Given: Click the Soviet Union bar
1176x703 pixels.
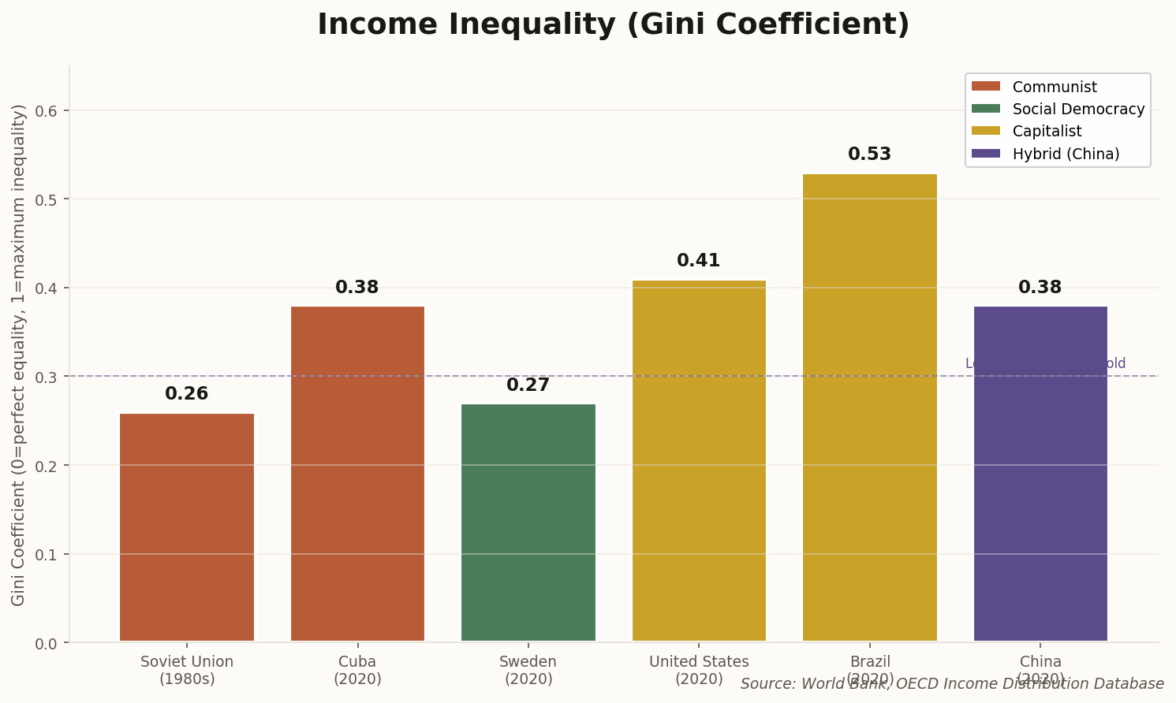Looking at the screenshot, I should (187, 527).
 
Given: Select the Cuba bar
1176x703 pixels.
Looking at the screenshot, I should (357, 474).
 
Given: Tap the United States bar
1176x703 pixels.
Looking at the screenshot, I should (699, 460).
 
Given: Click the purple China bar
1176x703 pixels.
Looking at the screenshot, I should (1040, 474).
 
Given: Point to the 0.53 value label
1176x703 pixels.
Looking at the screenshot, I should (870, 154).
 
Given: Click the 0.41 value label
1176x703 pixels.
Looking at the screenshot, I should (699, 261).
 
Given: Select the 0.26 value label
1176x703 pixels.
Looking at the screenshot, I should (187, 394).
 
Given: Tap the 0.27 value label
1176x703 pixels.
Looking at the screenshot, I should (528, 385).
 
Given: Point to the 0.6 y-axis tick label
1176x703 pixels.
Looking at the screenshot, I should (48, 111).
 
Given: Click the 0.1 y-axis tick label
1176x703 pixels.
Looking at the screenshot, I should (48, 555).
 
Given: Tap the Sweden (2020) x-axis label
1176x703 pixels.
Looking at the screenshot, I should (528, 670).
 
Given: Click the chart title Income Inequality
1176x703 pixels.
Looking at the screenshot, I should (613, 24).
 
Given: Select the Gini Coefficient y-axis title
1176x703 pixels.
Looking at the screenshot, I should (19, 355).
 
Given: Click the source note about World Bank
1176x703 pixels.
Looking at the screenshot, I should (952, 684).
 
